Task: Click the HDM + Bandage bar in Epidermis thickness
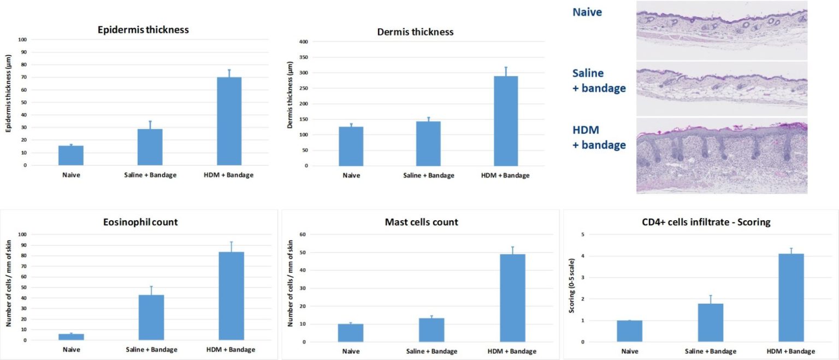click(229, 121)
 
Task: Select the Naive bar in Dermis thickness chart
click(351, 146)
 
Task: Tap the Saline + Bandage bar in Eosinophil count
click(151, 317)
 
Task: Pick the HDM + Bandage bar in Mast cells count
click(512, 298)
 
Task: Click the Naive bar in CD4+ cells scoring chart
click(630, 331)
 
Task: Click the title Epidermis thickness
click(143, 30)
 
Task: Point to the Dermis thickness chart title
click(415, 32)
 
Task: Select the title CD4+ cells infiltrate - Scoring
click(698, 222)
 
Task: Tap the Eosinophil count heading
click(140, 222)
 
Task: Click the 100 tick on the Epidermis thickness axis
click(22, 39)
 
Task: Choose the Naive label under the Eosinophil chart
click(71, 350)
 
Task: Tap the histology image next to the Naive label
click(722, 30)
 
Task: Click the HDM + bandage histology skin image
click(722, 157)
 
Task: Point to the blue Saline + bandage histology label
click(599, 80)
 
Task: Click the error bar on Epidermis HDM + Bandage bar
click(229, 73)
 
